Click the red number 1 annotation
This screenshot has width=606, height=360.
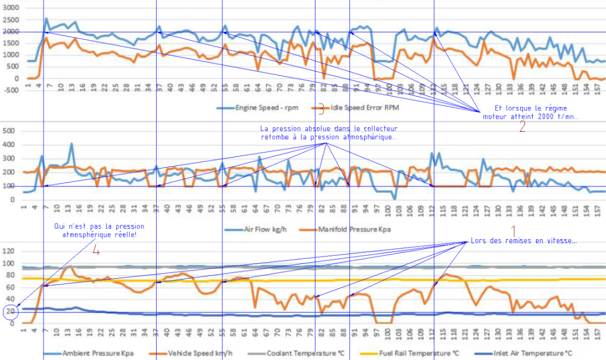514,231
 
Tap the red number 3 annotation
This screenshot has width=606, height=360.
321,109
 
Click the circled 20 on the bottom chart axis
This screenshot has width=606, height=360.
10,312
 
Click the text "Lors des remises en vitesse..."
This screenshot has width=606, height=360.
523,241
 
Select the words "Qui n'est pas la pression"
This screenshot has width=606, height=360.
99,227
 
